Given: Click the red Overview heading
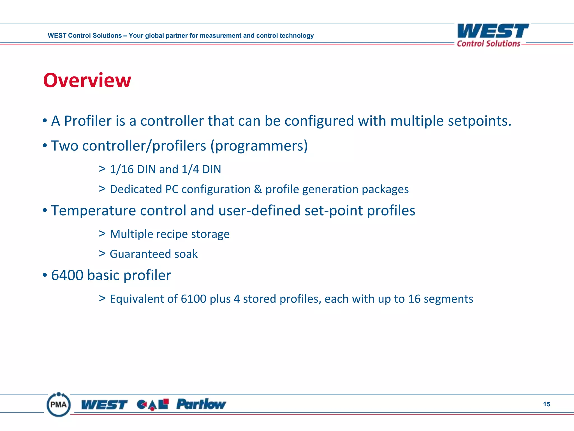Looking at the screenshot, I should point(87,80).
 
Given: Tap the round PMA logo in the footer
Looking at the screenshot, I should point(59,404).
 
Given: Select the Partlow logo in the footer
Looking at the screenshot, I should point(201,404).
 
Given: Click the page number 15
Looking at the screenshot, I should point(546,404).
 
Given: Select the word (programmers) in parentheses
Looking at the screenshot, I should point(259,146).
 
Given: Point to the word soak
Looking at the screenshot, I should point(186,254).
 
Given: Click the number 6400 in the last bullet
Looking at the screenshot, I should point(67,275).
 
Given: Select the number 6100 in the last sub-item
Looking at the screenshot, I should point(193,299).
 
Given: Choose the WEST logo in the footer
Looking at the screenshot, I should point(104,405).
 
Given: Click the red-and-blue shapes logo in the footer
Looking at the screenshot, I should point(153,404).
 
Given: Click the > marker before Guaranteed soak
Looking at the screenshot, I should point(102,253).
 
